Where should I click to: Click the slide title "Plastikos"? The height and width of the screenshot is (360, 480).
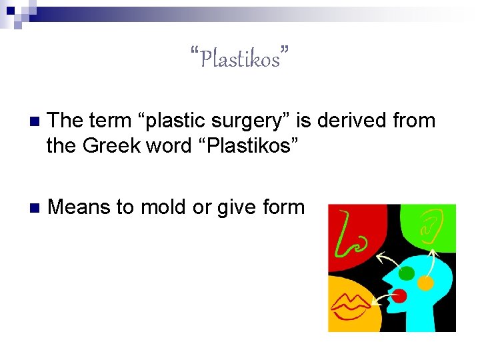click(239, 59)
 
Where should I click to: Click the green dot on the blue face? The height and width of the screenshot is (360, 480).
click(405, 273)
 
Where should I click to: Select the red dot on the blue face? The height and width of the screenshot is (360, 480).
click(399, 295)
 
